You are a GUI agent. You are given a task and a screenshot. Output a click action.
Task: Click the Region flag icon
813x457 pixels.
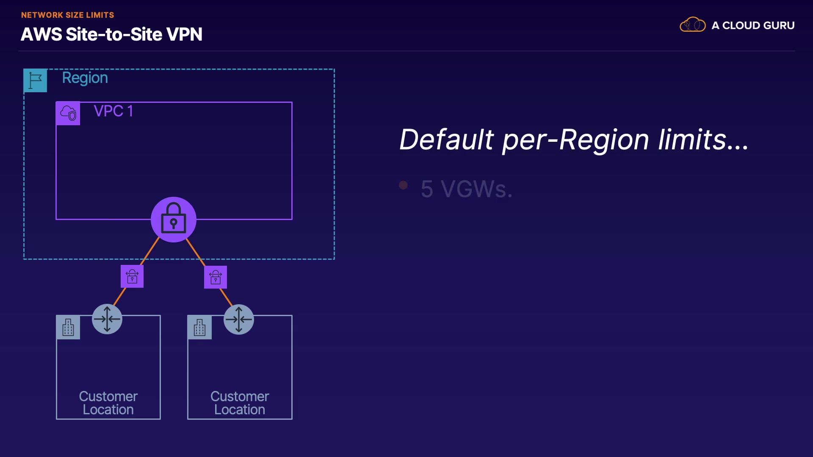pyautogui.click(x=35, y=80)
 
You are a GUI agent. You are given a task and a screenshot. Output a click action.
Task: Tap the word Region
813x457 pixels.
pyautogui.click(x=85, y=78)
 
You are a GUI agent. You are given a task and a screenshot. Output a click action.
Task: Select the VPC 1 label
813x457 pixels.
pyautogui.click(x=113, y=111)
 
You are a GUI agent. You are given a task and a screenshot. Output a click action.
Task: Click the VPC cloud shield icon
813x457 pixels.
pyautogui.click(x=68, y=113)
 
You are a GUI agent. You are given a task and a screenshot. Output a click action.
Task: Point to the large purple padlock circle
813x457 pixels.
pyautogui.click(x=174, y=220)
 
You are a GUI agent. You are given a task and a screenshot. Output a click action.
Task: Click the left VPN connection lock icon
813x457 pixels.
pyautogui.click(x=132, y=276)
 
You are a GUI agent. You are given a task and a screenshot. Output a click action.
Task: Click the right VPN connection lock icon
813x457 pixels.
pyautogui.click(x=216, y=277)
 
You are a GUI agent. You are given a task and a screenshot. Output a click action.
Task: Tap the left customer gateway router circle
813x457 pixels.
pyautogui.click(x=107, y=319)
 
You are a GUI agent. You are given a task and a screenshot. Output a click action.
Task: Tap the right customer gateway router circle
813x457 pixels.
pyautogui.click(x=239, y=319)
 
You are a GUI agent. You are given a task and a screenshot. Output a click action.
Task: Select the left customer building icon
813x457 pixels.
pyautogui.click(x=68, y=328)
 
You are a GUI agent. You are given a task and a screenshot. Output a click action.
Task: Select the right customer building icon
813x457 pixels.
pyautogui.click(x=200, y=328)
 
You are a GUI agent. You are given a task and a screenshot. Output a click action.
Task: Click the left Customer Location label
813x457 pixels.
pyautogui.click(x=108, y=403)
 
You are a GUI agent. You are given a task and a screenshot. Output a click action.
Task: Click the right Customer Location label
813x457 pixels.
pyautogui.click(x=240, y=403)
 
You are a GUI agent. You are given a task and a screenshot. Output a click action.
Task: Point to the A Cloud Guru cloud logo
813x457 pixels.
pyautogui.click(x=693, y=25)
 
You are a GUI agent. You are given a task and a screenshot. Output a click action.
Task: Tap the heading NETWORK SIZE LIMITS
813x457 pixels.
pyautogui.click(x=68, y=15)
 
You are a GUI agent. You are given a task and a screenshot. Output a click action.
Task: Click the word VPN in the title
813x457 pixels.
pyautogui.click(x=185, y=34)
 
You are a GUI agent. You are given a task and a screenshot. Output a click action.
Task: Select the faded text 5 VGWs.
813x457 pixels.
pyautogui.click(x=467, y=189)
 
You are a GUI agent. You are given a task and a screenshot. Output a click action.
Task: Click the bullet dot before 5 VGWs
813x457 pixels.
pyautogui.click(x=403, y=185)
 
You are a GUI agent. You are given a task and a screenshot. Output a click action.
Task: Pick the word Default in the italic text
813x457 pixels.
pyautogui.click(x=446, y=140)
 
